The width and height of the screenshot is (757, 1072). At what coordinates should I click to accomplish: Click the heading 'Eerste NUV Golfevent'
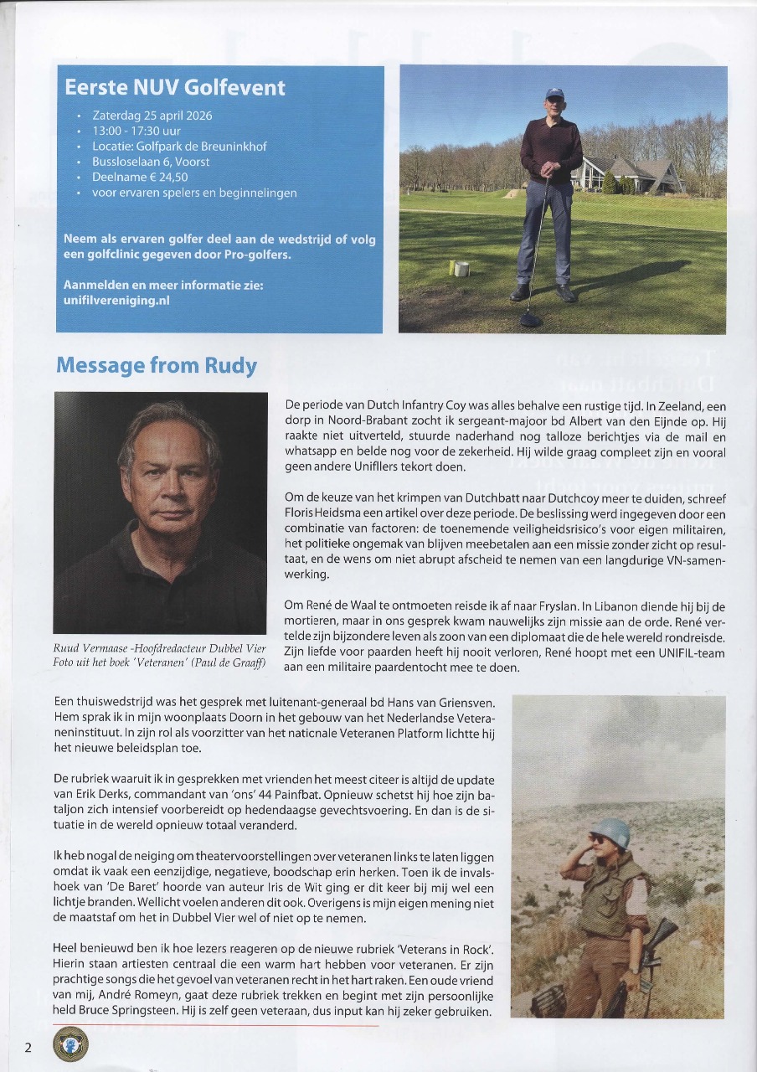[x=175, y=87]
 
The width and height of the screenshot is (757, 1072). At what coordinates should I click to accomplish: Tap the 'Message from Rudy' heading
[x=156, y=366]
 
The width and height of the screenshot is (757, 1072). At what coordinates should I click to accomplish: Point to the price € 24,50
[x=167, y=177]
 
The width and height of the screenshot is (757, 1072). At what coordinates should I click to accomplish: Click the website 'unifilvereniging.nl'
[x=116, y=300]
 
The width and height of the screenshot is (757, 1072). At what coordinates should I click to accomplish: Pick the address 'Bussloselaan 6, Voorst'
[x=151, y=162]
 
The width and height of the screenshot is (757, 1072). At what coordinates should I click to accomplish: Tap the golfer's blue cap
[x=554, y=94]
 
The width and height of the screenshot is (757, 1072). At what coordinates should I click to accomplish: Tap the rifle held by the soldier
[x=657, y=938]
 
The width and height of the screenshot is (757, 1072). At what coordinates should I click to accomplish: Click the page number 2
[x=28, y=1047]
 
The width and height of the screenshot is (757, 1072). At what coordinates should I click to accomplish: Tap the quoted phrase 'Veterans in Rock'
[x=451, y=948]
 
